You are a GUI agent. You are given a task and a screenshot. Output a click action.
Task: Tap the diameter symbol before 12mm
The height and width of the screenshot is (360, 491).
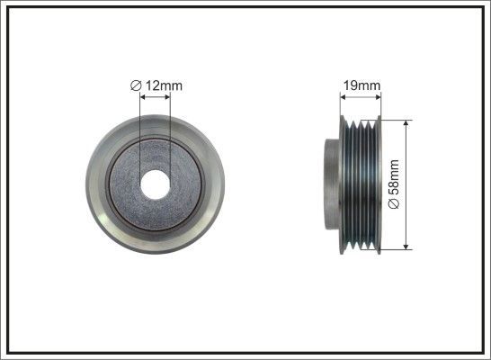135,85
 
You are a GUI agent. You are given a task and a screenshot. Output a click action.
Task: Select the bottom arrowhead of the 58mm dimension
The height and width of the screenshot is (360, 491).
407,245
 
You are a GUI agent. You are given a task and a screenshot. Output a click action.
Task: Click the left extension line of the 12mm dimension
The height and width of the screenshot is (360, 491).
141,135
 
